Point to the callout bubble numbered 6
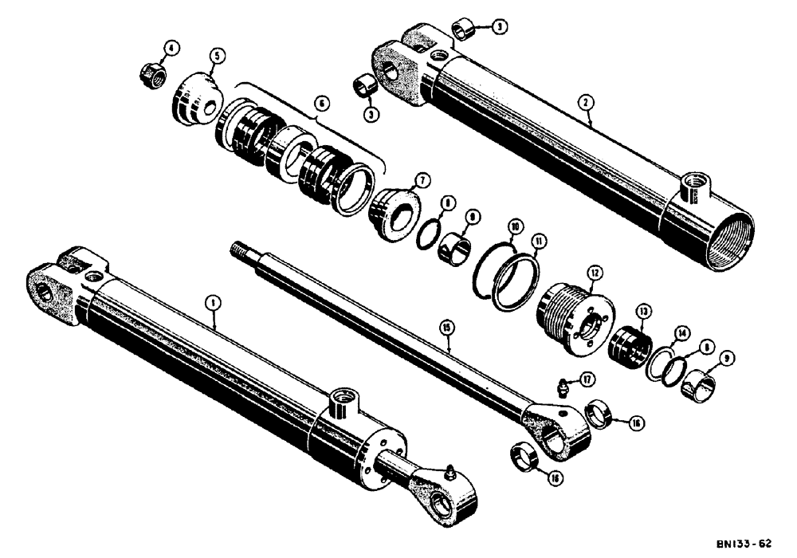[320, 104]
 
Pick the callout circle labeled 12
[595, 273]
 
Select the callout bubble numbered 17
[587, 379]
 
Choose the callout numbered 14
[681, 332]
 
